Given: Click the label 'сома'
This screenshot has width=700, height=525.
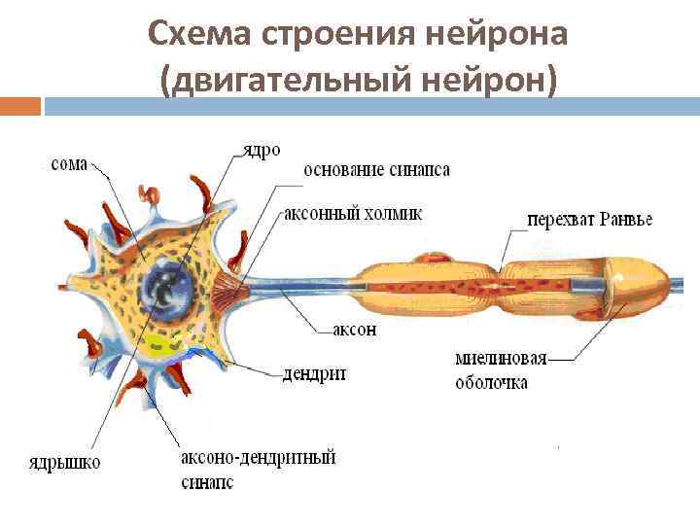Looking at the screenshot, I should [67, 164].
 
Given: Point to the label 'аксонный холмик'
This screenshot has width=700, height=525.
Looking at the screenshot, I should [352, 213].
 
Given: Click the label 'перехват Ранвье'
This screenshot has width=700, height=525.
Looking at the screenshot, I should [589, 219].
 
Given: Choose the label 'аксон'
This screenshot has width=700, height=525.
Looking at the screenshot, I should [354, 330].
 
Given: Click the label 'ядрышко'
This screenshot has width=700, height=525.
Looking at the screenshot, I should [63, 462].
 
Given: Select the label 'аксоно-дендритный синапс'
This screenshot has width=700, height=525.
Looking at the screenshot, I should [258, 469].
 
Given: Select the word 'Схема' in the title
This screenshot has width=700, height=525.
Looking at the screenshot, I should [199, 35].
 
